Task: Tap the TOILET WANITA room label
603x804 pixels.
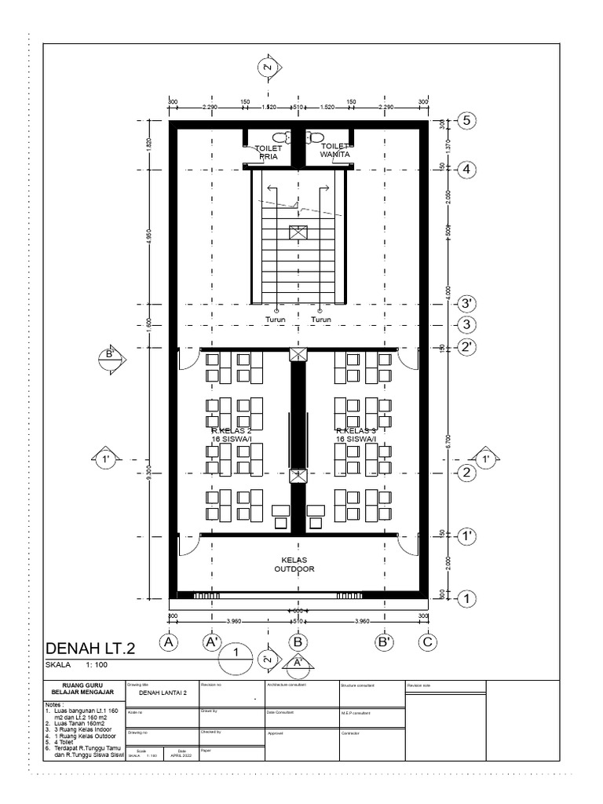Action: click(x=334, y=150)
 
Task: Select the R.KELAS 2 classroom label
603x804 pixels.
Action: click(x=231, y=435)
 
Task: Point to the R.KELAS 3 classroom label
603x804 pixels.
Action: click(x=357, y=435)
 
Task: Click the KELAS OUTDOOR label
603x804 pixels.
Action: click(x=294, y=565)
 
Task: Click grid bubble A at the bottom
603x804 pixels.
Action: click(x=167, y=641)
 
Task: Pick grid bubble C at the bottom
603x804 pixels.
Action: click(x=427, y=641)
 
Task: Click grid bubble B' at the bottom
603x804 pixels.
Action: click(x=385, y=641)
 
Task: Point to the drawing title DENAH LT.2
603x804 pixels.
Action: click(x=91, y=649)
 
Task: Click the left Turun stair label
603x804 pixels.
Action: click(x=275, y=320)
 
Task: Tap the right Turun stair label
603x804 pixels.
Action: click(x=321, y=320)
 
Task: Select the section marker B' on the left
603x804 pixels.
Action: click(x=111, y=355)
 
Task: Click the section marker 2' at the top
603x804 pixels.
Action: click(x=268, y=69)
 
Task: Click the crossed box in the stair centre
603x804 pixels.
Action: click(x=298, y=232)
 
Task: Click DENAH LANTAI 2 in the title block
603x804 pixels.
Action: click(x=163, y=693)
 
